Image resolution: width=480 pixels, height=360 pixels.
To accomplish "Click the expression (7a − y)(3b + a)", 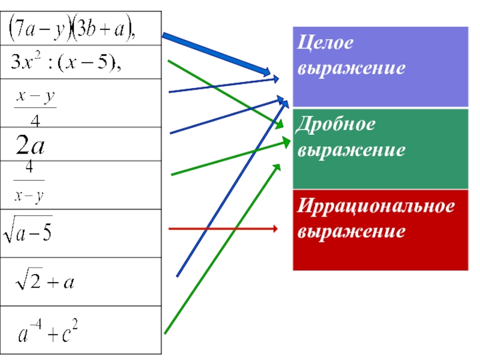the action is [x=72, y=29].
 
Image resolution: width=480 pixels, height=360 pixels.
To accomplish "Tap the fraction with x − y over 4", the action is [x=35, y=107].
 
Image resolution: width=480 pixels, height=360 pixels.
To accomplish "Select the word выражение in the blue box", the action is [x=351, y=68].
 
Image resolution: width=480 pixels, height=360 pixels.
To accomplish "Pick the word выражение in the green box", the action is [x=351, y=149].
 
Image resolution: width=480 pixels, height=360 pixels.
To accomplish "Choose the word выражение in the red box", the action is [x=351, y=231].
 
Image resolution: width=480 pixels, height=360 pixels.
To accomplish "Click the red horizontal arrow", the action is [x=222, y=229].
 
